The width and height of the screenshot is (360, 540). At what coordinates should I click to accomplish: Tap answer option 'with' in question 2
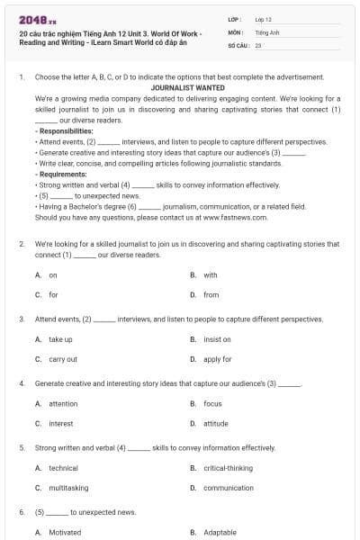click(210, 274)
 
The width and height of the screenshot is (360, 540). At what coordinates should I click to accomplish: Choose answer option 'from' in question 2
click(211, 294)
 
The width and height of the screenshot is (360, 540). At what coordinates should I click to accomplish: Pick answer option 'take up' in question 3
click(60, 339)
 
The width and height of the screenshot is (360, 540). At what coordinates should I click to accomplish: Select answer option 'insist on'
click(217, 339)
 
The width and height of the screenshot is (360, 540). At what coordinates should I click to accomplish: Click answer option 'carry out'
click(62, 359)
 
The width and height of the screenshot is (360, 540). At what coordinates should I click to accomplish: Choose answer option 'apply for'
click(217, 359)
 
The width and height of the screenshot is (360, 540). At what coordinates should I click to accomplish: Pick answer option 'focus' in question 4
click(212, 404)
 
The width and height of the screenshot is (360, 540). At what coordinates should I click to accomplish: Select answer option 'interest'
click(60, 423)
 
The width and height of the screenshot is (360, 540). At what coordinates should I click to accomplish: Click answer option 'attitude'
click(215, 423)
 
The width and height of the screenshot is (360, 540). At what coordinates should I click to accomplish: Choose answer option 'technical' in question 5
click(63, 468)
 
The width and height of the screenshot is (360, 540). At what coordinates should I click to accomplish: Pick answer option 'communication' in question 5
click(229, 488)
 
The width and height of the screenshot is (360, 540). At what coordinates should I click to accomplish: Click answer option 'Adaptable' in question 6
click(220, 532)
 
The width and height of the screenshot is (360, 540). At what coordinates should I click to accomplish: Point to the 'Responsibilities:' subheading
click(64, 131)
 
